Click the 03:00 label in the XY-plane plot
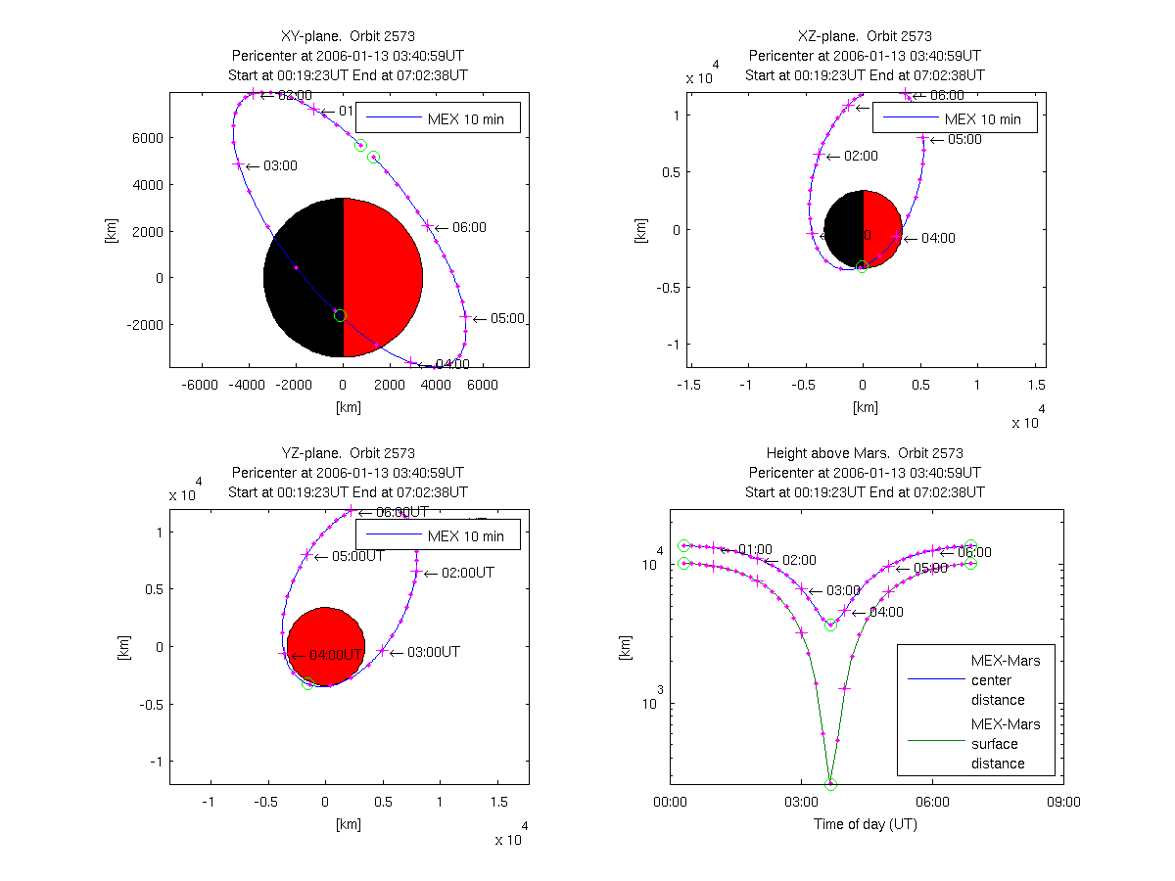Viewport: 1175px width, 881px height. [279, 166]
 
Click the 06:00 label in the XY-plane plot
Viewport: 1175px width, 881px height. [469, 227]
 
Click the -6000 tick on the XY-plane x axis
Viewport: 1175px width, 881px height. [201, 386]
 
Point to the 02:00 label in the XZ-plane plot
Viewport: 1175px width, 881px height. [861, 156]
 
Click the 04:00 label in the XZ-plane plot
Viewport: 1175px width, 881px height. [937, 238]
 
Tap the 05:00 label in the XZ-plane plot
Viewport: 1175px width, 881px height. [964, 140]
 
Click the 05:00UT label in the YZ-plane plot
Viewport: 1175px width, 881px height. [357, 556]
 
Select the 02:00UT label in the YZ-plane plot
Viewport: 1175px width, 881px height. [467, 573]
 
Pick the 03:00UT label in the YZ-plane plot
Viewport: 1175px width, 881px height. [433, 652]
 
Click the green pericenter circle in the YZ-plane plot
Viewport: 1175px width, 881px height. [307, 684]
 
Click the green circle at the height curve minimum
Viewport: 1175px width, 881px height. [830, 784]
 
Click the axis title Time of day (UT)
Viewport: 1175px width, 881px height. [866, 824]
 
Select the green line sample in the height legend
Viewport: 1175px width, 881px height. [930, 744]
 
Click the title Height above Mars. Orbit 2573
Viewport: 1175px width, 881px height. [866, 453]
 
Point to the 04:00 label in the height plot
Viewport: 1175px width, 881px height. [885, 612]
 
